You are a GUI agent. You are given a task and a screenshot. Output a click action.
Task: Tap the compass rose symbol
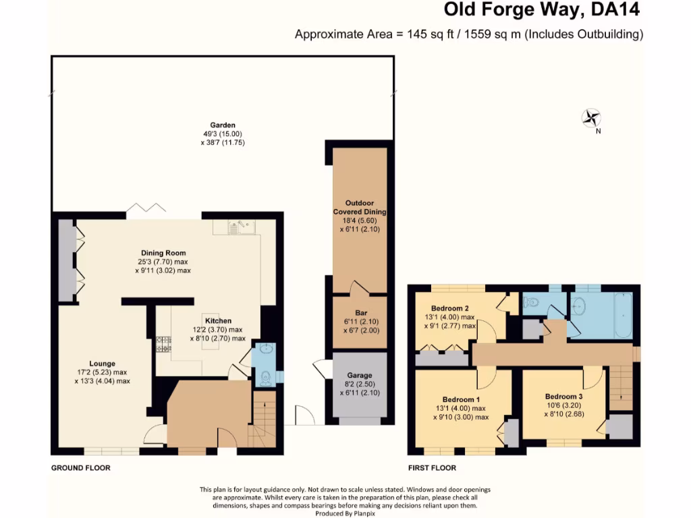[x=591, y=119]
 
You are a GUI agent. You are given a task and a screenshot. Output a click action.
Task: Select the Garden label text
[x=222, y=125]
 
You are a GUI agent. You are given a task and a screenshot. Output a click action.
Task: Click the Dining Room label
[x=163, y=253]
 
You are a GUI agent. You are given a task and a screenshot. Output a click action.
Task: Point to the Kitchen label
[x=218, y=320]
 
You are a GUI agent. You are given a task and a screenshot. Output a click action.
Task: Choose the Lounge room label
[x=102, y=364]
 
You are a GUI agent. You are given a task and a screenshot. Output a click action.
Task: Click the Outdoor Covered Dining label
[x=359, y=207]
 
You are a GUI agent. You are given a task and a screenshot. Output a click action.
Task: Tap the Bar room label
[x=360, y=313]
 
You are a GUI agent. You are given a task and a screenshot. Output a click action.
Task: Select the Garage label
[x=360, y=375]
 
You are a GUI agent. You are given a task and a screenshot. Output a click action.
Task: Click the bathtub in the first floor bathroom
[x=621, y=316]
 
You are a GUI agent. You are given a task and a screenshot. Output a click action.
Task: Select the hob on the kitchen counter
[x=163, y=348]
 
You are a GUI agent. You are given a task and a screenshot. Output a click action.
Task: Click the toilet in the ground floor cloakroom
[x=265, y=378]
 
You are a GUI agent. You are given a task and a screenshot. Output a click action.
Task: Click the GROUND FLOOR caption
[x=80, y=467]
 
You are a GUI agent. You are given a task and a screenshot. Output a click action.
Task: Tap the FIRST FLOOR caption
[x=432, y=467]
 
